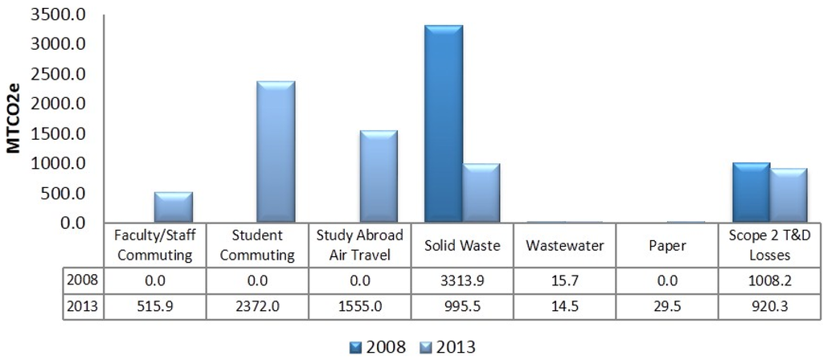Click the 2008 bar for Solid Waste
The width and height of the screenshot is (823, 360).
(x=444, y=125)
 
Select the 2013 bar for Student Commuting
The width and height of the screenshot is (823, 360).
(x=276, y=152)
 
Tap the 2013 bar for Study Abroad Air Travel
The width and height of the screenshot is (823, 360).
(x=379, y=176)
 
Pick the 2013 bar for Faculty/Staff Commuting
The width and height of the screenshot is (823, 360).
(x=173, y=207)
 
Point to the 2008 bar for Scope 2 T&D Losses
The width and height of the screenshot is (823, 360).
(x=751, y=192)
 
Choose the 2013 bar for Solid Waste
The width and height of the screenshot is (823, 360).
(x=481, y=193)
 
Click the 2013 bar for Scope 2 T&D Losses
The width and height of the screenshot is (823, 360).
(x=789, y=195)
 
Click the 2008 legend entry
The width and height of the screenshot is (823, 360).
(x=378, y=347)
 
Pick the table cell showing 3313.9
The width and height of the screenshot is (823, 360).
(x=463, y=281)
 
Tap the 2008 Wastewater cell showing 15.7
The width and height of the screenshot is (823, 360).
(x=565, y=281)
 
